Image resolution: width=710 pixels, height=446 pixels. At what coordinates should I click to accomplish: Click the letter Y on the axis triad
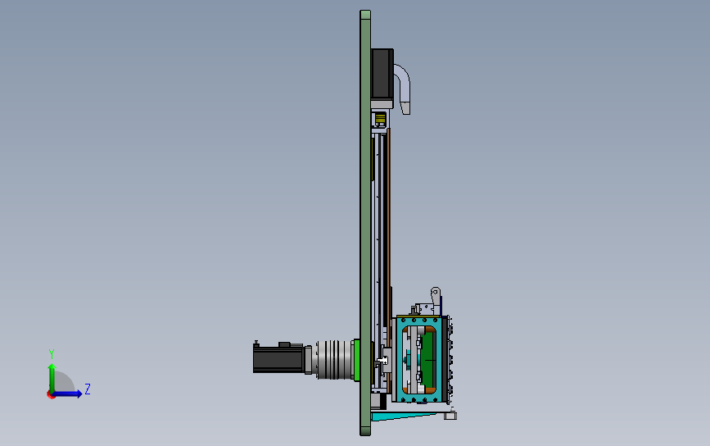(52, 353)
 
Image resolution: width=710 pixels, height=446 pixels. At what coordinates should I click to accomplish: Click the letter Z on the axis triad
(88, 389)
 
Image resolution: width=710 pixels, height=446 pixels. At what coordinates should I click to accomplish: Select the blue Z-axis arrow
(68, 394)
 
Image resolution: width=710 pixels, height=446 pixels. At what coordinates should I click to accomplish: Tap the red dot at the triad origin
(51, 395)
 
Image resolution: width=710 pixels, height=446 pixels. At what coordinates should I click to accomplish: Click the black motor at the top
(382, 75)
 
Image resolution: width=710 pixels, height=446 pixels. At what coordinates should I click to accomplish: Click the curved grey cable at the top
(403, 84)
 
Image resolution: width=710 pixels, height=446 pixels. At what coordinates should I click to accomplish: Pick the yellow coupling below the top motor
(380, 119)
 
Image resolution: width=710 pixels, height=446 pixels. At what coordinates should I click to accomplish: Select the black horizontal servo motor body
(278, 358)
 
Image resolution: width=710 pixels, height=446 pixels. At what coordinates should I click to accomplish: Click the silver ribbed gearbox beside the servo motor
(332, 359)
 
